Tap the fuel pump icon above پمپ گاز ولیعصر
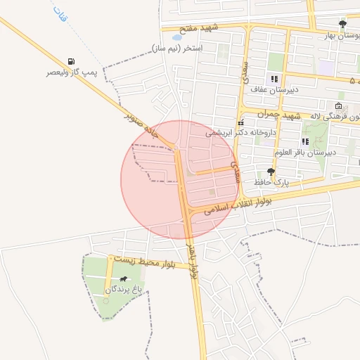click(x=70, y=62)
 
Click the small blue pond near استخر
click(x=176, y=37)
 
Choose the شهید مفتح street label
click(x=200, y=28)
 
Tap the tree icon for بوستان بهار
click(x=342, y=23)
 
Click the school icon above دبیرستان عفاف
click(x=274, y=79)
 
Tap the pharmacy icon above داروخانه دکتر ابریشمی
click(x=240, y=122)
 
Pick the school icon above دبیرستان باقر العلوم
click(x=305, y=141)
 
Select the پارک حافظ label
click(x=274, y=182)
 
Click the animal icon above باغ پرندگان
click(x=124, y=279)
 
